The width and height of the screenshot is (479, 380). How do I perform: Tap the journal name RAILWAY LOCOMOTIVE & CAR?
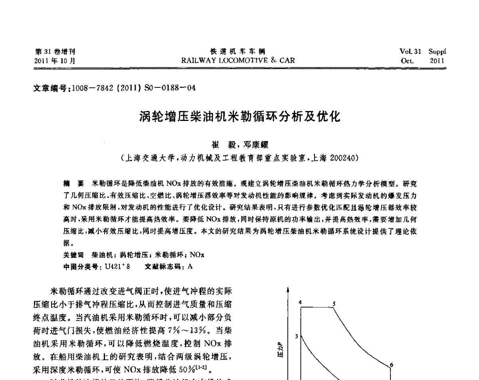click(238, 61)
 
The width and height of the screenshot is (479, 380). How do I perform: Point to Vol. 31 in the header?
click(411, 51)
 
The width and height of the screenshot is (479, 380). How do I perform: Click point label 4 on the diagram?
click(300, 302)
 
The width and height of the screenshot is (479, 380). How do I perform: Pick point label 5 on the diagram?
click(334, 302)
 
